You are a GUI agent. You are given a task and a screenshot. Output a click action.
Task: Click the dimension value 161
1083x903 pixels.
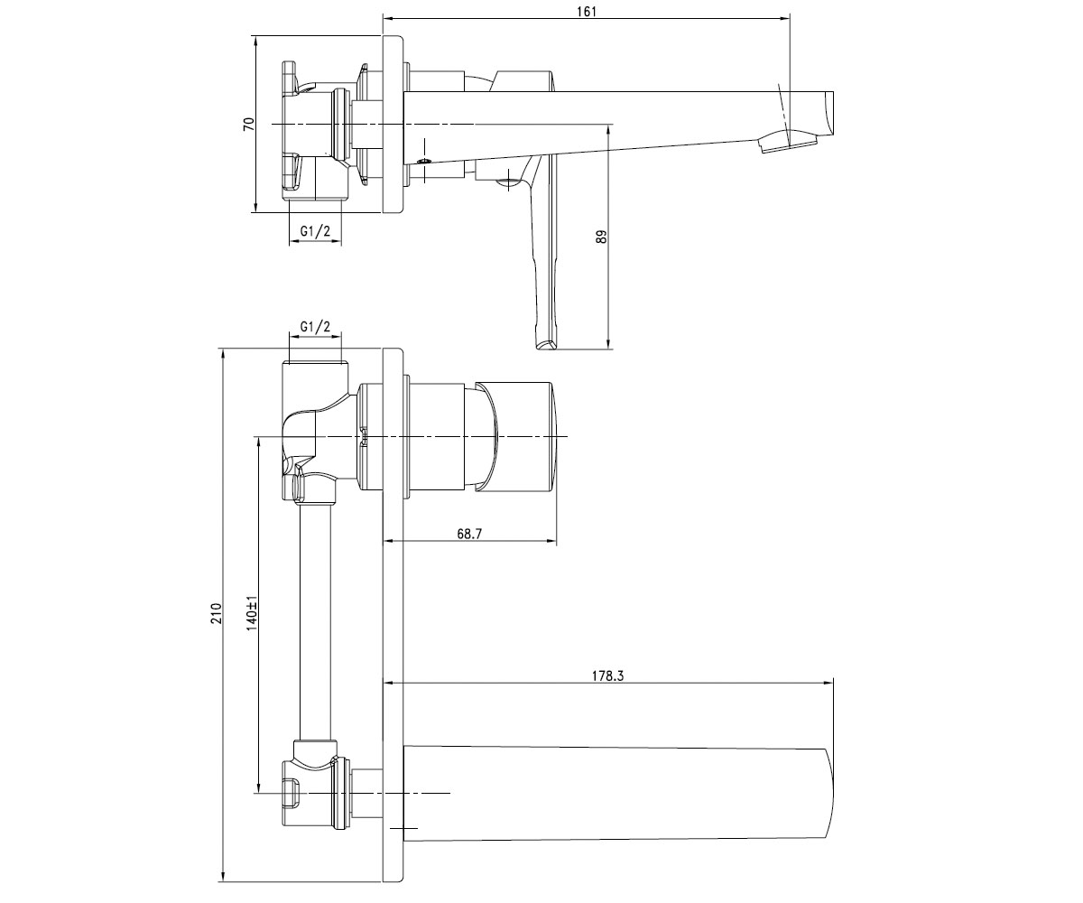click(x=586, y=12)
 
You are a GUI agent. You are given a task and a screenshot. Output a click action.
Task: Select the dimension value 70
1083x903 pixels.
click(x=249, y=124)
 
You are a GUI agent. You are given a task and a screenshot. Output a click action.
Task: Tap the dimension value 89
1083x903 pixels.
click(x=601, y=237)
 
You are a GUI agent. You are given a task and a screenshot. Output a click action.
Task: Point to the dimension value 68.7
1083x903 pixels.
click(x=469, y=534)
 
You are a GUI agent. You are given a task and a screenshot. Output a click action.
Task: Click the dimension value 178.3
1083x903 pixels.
click(x=607, y=675)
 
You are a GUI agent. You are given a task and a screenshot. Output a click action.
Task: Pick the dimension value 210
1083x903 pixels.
click(x=217, y=613)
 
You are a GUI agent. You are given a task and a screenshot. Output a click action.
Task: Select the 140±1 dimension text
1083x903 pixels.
click(x=252, y=613)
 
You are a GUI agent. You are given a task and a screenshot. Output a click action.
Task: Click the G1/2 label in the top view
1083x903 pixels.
click(x=315, y=231)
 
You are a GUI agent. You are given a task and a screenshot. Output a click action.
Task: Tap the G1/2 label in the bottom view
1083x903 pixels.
click(x=315, y=326)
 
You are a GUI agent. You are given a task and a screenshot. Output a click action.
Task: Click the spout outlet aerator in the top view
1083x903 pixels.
click(x=787, y=144)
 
